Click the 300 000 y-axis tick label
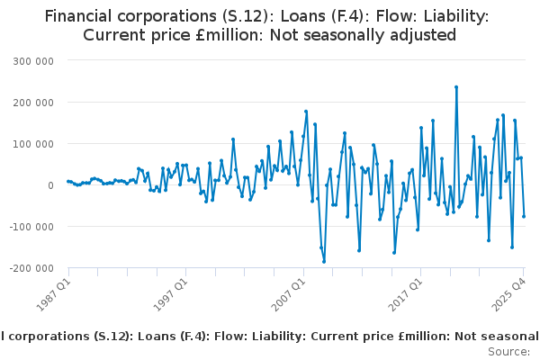[x=33, y=61]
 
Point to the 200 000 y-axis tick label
[x=33, y=103]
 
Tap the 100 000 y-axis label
[x=33, y=144]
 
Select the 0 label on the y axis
[x=51, y=185]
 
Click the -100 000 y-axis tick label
[x=31, y=227]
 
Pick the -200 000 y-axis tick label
[x=31, y=268]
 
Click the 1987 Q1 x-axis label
[x=53, y=295]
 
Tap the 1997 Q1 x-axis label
[x=170, y=295]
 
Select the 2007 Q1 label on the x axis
[x=288, y=295]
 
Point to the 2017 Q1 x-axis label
[x=405, y=295]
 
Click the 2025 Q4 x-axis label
[x=508, y=295]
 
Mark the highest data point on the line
[x=456, y=87]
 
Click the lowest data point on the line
[x=324, y=262]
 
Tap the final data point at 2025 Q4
[x=524, y=216]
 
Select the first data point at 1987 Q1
[x=68, y=181]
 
